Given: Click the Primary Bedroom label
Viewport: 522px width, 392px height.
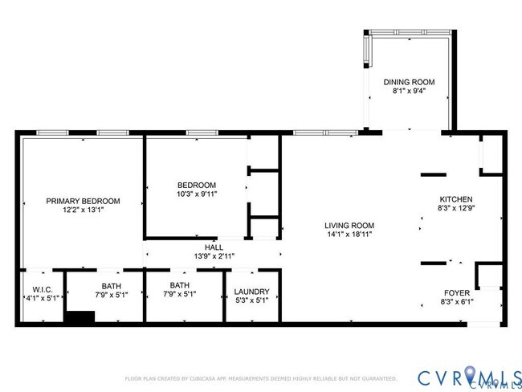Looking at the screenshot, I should [x=83, y=201].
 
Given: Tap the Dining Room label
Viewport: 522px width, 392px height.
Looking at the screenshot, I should [x=409, y=82].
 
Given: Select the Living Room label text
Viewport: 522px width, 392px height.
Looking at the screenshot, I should [x=349, y=225].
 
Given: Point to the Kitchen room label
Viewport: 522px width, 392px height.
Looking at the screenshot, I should [x=455, y=199].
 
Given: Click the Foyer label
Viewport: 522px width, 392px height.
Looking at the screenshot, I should [x=456, y=293].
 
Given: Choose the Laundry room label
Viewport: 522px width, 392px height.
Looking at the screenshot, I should [x=251, y=292].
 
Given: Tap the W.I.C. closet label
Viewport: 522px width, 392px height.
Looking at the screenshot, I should [x=43, y=289].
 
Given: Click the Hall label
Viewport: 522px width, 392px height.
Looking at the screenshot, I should [x=213, y=247].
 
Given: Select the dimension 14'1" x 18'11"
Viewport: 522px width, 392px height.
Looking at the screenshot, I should [x=349, y=235].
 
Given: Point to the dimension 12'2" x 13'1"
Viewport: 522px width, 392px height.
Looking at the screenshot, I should [x=83, y=210].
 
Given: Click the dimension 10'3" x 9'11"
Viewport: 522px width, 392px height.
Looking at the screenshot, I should [x=197, y=194].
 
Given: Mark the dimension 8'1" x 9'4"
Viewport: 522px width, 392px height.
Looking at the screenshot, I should [x=409, y=92].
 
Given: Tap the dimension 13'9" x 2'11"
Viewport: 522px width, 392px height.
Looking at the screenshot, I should [x=213, y=256].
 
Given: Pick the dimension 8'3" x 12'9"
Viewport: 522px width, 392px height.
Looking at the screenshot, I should [x=455, y=209].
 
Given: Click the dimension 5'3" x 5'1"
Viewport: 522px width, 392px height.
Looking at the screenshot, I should [x=251, y=302].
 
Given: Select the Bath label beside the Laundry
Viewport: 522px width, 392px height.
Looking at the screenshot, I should [x=179, y=285].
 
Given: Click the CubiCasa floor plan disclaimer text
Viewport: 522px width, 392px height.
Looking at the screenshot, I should [x=260, y=378].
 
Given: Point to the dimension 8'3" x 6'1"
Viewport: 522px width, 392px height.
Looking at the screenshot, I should [x=456, y=303].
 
